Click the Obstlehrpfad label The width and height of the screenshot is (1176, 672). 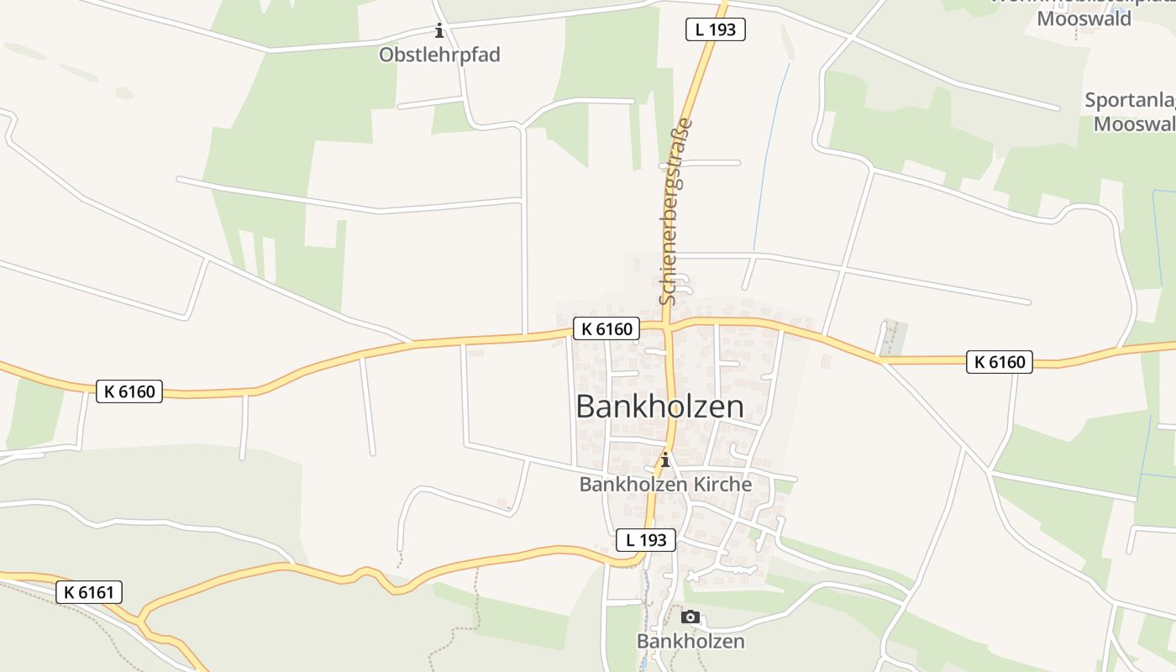pos(439,55)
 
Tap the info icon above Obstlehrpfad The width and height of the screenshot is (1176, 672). pos(438,32)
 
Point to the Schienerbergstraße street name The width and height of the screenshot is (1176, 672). pos(676,212)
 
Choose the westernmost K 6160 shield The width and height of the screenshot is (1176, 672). pos(129,391)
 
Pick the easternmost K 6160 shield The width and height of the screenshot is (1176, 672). pos(999,362)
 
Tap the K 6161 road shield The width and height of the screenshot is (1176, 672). pos(89,592)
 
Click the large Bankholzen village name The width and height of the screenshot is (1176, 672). pos(659,407)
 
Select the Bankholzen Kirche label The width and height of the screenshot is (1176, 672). pos(665,485)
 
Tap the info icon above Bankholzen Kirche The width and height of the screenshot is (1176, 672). pos(665,459)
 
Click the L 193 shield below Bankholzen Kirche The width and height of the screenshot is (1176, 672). pos(646,540)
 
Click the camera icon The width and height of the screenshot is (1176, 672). pos(690,617)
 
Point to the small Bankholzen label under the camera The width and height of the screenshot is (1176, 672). pos(690,641)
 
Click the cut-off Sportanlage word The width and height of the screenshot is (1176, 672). pos(1129,101)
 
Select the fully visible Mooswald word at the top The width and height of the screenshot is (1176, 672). pos(1084,18)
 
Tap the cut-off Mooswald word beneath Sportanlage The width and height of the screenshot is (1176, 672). pos(1133,124)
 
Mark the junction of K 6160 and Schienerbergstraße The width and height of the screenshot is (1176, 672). pos(665,323)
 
